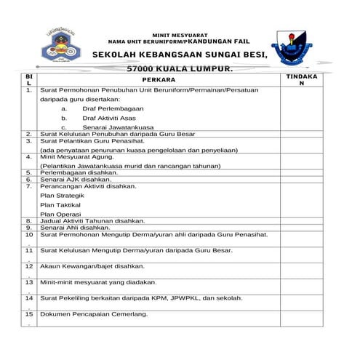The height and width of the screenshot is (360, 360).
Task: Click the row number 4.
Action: [28, 156]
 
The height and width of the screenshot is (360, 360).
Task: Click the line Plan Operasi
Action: [60, 214]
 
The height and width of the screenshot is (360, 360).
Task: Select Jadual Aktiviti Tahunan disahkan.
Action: [92, 220]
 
